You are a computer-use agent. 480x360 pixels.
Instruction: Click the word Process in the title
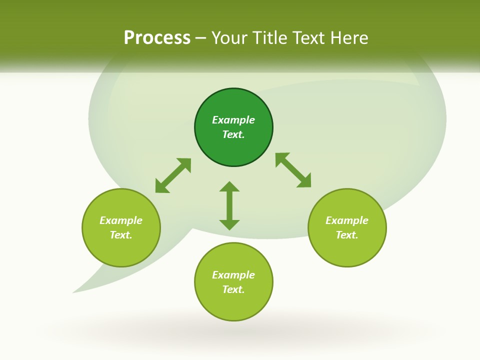point(157,38)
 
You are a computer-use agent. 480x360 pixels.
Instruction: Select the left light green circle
point(121,250)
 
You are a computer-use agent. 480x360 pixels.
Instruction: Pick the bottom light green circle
point(233,305)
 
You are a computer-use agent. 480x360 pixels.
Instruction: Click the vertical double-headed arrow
point(229,205)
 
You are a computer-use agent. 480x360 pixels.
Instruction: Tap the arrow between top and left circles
point(173,175)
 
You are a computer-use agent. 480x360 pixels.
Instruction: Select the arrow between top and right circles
point(293,170)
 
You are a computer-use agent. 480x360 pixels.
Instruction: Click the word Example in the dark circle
point(233,120)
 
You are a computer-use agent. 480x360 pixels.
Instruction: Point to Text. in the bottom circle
point(233,289)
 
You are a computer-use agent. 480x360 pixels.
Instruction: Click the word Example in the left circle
point(121,220)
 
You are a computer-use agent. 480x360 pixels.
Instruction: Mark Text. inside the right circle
point(347,235)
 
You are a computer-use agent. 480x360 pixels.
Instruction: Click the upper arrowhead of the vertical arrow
point(229,186)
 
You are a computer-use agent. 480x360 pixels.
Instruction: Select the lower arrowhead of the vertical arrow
point(229,224)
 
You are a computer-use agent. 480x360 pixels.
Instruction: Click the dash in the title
point(201,38)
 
